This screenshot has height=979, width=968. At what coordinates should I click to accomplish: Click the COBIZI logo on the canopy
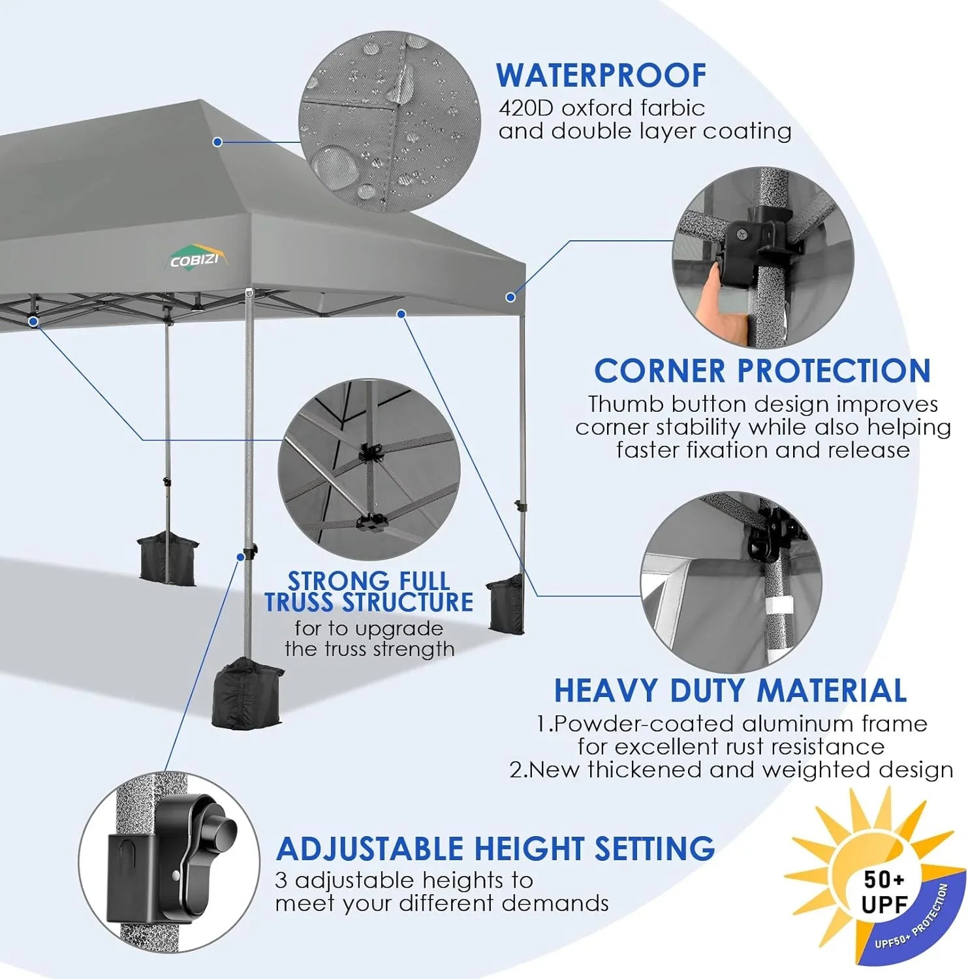[195, 260]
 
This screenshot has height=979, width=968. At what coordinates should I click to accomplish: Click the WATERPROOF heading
[601, 76]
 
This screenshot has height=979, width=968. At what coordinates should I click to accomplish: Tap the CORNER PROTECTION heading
[762, 371]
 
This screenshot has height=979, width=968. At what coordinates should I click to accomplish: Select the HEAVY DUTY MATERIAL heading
[730, 691]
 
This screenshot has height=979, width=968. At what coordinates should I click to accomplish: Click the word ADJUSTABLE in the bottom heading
[369, 848]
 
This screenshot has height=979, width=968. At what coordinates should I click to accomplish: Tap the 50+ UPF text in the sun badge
[884, 892]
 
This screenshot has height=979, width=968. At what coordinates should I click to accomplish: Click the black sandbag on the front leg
[247, 692]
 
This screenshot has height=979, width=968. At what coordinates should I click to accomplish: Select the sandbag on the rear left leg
[168, 557]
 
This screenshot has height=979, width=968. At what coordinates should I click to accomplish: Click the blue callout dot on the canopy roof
[218, 142]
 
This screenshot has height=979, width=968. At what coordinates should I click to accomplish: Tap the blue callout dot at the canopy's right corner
[510, 297]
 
